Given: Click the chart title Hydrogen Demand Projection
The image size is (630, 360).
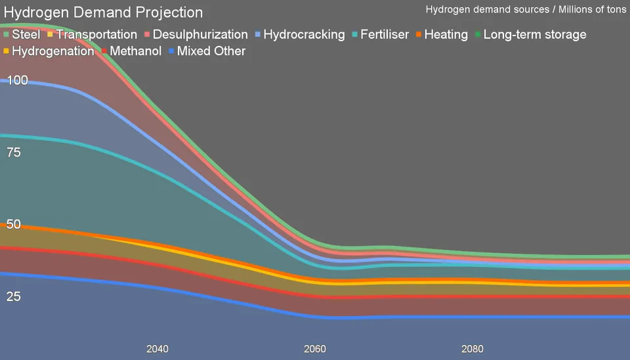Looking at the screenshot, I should pos(104,12).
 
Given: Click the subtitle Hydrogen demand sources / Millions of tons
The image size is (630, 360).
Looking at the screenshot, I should pos(526,9).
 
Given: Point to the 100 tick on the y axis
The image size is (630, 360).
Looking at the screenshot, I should pos(17,80).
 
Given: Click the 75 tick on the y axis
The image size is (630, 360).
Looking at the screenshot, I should pos(14,152).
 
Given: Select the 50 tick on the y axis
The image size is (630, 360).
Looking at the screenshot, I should pos(14,224).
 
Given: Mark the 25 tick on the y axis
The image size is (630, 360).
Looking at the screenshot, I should pos(14,296).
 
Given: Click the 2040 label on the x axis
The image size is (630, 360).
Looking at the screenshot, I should pos(157,349).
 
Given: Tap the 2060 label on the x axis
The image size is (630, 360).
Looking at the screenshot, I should pos(315,349).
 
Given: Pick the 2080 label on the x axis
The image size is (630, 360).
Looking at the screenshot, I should pos(472,349).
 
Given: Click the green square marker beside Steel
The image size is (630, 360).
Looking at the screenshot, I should pos(7,34).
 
